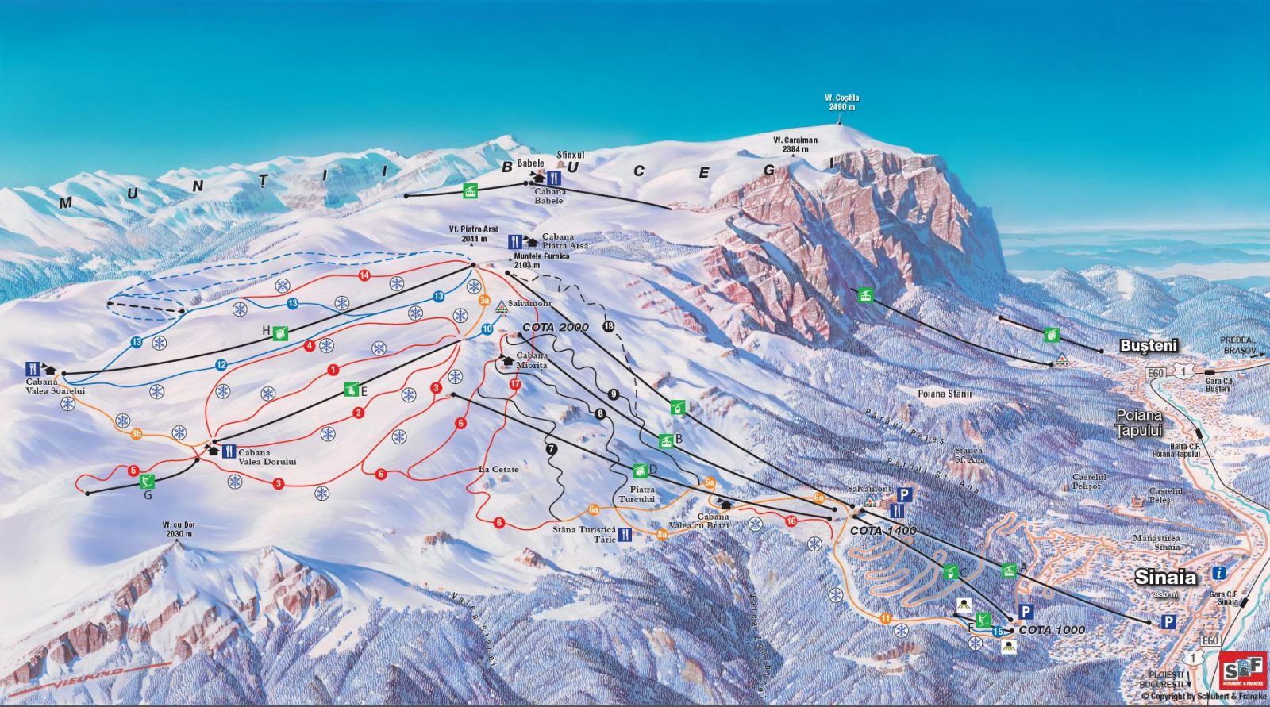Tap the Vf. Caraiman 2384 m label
tap(795, 144)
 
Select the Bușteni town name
tap(1149, 346)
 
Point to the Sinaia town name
tap(1164, 577)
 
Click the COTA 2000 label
tap(556, 328)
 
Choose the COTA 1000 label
tap(1052, 630)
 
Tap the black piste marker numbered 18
tap(609, 326)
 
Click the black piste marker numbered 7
tap(552, 448)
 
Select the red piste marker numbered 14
tap(364, 275)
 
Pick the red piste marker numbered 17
tap(514, 384)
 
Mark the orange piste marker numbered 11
tap(886, 618)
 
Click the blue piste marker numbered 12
tap(221, 365)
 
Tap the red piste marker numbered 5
tap(133, 471)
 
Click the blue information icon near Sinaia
tap(1218, 573)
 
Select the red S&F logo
tap(1242, 670)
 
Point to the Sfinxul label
tap(570, 156)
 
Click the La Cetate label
tap(498, 470)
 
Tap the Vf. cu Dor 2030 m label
tap(178, 529)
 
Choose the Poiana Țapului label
tap(1139, 422)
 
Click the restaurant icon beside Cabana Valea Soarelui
tap(33, 368)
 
